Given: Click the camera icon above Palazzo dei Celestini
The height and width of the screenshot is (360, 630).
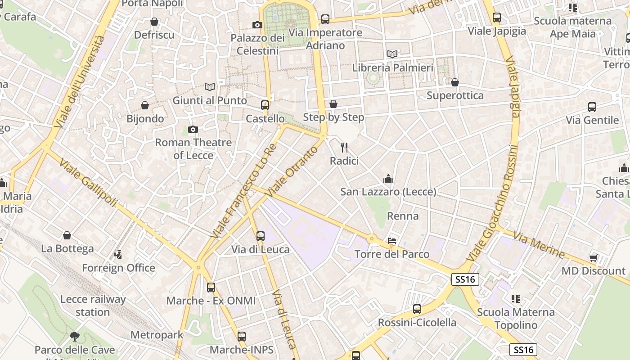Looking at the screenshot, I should (x=257, y=25).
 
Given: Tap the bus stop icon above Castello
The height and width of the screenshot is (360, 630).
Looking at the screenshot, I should (x=265, y=105).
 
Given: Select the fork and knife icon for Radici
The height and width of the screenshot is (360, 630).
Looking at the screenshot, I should (x=344, y=147).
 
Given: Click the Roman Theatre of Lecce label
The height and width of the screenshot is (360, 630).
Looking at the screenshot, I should (x=193, y=148).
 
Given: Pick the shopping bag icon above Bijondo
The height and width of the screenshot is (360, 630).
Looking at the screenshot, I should (x=145, y=105).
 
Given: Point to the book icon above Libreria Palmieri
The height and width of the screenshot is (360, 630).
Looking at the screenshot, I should (x=392, y=54).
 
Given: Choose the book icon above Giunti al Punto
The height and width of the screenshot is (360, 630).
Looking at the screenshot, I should (x=210, y=87).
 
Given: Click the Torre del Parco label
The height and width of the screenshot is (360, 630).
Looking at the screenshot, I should (x=392, y=254).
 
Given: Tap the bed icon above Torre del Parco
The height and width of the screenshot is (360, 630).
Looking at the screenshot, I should (x=392, y=241).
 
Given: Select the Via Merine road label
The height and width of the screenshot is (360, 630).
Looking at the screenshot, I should (x=539, y=245).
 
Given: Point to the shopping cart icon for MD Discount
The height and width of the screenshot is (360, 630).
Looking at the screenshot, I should (x=593, y=258).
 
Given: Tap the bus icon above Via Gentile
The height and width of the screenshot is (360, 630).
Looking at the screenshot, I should (x=592, y=107).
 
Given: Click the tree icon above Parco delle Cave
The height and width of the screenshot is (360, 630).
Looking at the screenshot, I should (x=75, y=336).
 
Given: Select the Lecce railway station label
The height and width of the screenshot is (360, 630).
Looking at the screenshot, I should (x=93, y=306).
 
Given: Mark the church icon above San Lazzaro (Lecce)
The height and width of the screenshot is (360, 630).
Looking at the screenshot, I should (x=388, y=179).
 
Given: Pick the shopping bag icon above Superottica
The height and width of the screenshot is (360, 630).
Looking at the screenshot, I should (x=455, y=82).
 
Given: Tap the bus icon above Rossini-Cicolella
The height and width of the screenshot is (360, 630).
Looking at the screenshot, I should (x=417, y=309).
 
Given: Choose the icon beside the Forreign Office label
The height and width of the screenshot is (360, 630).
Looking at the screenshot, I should (x=118, y=255).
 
